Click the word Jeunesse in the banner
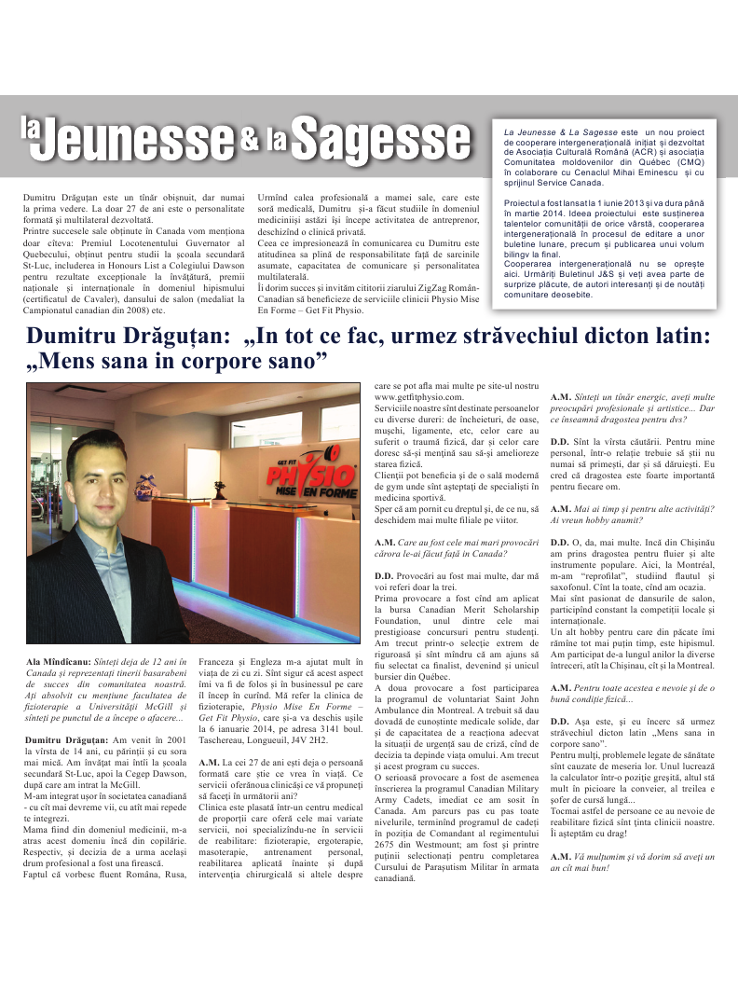[x=141, y=140]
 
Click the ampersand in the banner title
[x=249, y=139]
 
